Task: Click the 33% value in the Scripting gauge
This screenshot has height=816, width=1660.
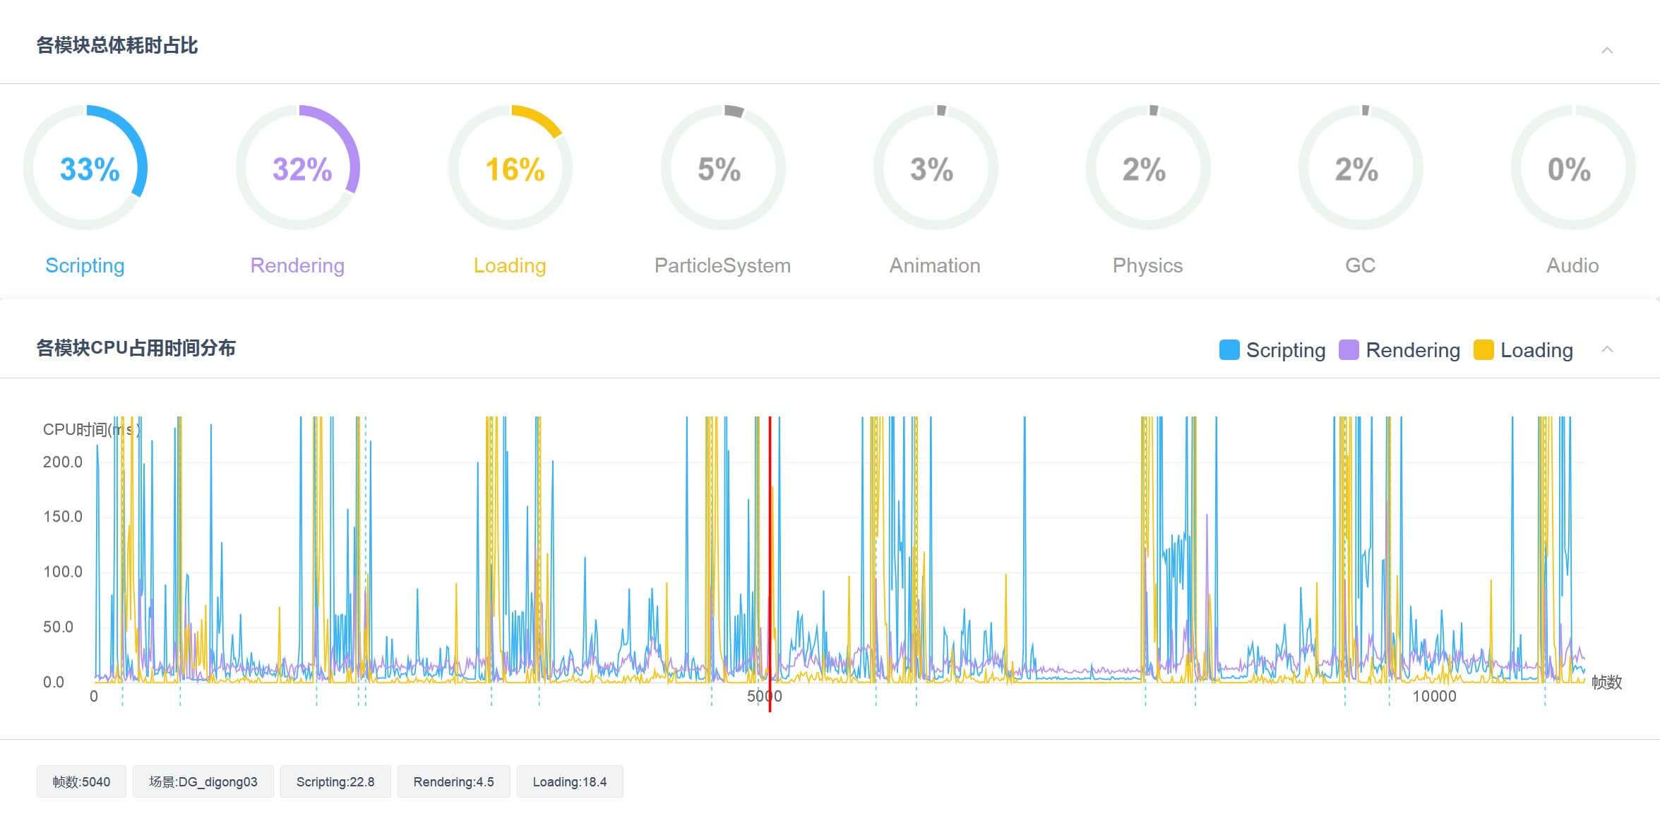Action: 90,169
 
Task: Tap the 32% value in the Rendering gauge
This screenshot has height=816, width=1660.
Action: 302,169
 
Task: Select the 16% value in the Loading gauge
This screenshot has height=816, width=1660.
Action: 515,169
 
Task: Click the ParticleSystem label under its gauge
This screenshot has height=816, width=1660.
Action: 722,265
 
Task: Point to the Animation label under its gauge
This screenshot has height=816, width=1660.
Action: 935,265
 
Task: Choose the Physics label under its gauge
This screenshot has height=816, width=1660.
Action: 1147,265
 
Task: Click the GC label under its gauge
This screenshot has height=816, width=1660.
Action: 1360,265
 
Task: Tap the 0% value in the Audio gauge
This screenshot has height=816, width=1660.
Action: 1569,169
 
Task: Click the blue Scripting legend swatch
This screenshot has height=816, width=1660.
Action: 1229,350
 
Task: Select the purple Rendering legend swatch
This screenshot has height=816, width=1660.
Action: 1349,350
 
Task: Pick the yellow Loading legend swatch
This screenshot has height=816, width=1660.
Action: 1483,350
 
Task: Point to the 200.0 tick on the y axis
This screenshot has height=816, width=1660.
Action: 63,462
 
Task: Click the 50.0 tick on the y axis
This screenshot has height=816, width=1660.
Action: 58,627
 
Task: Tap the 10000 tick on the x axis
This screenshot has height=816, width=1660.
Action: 1434,697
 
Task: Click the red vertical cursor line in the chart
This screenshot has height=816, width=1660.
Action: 770,564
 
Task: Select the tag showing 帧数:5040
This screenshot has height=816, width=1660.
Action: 81,781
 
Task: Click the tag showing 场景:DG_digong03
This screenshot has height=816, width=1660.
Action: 203,781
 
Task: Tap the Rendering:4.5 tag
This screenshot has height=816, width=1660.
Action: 454,781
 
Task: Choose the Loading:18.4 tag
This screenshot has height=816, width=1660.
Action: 570,781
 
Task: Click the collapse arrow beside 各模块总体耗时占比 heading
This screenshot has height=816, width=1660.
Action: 1607,50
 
